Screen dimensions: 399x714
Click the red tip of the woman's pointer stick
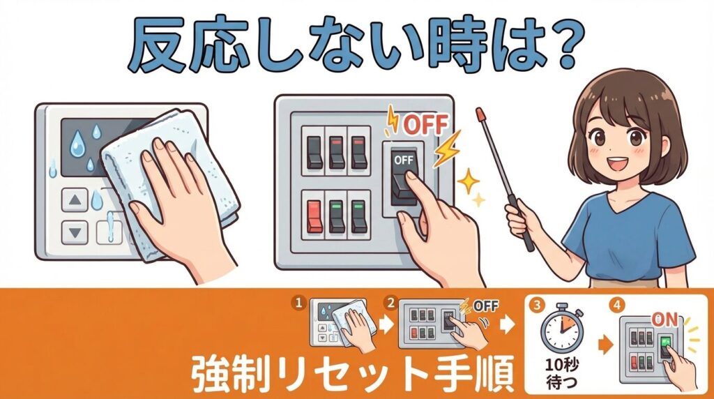[480, 113]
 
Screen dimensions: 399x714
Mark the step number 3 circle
[538, 305]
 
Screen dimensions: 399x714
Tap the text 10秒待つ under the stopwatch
[563, 372]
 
